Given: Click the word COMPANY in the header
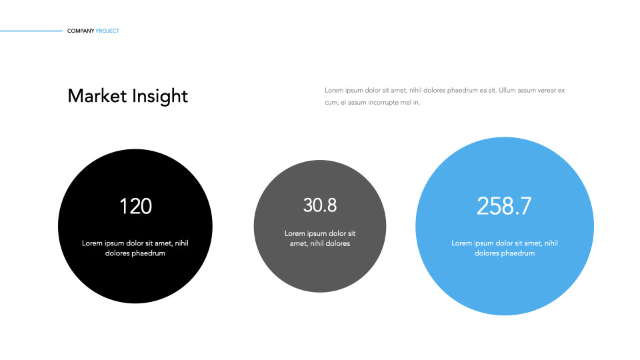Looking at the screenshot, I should [81, 31].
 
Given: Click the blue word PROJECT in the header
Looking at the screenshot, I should [108, 31].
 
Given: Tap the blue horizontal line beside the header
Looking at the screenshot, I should [31, 31].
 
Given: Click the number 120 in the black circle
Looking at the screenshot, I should [135, 207].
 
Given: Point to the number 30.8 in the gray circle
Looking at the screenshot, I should [320, 206].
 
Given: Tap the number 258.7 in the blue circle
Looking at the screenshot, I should [504, 207].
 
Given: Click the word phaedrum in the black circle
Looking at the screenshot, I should [148, 253].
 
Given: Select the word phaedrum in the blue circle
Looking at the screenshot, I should [517, 253].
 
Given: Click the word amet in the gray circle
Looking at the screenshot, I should [297, 243].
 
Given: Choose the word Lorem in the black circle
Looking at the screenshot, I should [92, 243].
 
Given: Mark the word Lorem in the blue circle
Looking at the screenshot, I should [461, 243].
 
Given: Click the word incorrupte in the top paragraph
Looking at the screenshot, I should [381, 103].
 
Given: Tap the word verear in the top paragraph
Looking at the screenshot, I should [546, 90].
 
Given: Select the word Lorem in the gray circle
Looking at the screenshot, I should [295, 233].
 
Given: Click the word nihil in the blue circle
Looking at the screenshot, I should [550, 243].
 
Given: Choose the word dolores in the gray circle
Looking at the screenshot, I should [338, 243].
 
